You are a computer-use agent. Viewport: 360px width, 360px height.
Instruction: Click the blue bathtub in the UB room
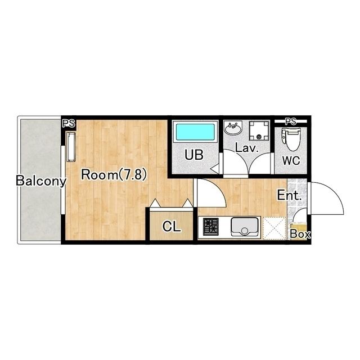pyautogui.click(x=195, y=132)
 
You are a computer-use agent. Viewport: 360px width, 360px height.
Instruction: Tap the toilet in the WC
pyautogui.click(x=290, y=138)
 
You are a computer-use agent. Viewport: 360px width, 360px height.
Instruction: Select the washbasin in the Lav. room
pyautogui.click(x=233, y=128)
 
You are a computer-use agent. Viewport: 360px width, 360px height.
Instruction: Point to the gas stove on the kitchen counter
pyautogui.click(x=211, y=227)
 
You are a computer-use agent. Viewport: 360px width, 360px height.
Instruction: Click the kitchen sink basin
pyautogui.click(x=244, y=226)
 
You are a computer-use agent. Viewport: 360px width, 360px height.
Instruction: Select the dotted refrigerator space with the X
pyautogui.click(x=274, y=228)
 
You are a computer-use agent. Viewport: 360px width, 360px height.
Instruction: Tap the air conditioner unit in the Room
pyautogui.click(x=71, y=147)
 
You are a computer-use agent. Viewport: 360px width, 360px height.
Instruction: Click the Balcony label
pyautogui.click(x=41, y=181)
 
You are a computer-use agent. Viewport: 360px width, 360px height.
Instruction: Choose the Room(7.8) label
pyautogui.click(x=114, y=175)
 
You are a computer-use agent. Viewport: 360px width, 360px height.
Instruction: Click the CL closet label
pyautogui.click(x=172, y=227)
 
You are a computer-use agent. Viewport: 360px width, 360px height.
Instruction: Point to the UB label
pyautogui.click(x=194, y=155)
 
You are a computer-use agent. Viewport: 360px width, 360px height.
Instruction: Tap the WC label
pyautogui.click(x=291, y=160)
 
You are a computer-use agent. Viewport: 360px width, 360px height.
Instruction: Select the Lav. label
pyautogui.click(x=247, y=148)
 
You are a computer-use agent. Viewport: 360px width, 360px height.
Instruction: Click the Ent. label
pyautogui.click(x=289, y=195)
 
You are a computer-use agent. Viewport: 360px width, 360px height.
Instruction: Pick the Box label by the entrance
pyautogui.click(x=300, y=234)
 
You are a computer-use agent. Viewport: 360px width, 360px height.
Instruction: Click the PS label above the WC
pyautogui.click(x=290, y=121)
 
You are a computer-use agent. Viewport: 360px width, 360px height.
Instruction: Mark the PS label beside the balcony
pyautogui.click(x=69, y=124)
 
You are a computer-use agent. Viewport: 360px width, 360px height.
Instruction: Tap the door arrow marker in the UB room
pyautogui.click(x=215, y=169)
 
